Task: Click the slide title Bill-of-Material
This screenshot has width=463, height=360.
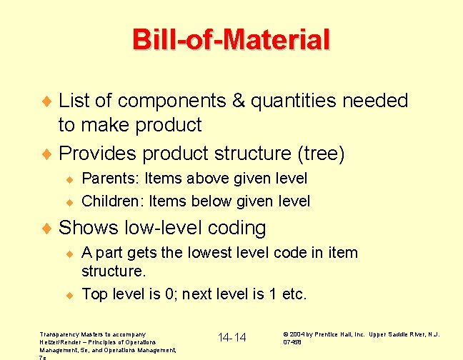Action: [x=231, y=39]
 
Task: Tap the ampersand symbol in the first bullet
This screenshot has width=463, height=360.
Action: [x=239, y=101]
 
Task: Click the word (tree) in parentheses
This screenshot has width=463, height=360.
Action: [x=322, y=154]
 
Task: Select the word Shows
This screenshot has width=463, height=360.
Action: [x=89, y=228]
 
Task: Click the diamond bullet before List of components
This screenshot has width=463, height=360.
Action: [x=48, y=101]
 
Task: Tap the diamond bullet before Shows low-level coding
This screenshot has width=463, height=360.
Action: [x=48, y=229]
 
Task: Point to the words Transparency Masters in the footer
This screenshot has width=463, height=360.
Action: [x=75, y=334]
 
